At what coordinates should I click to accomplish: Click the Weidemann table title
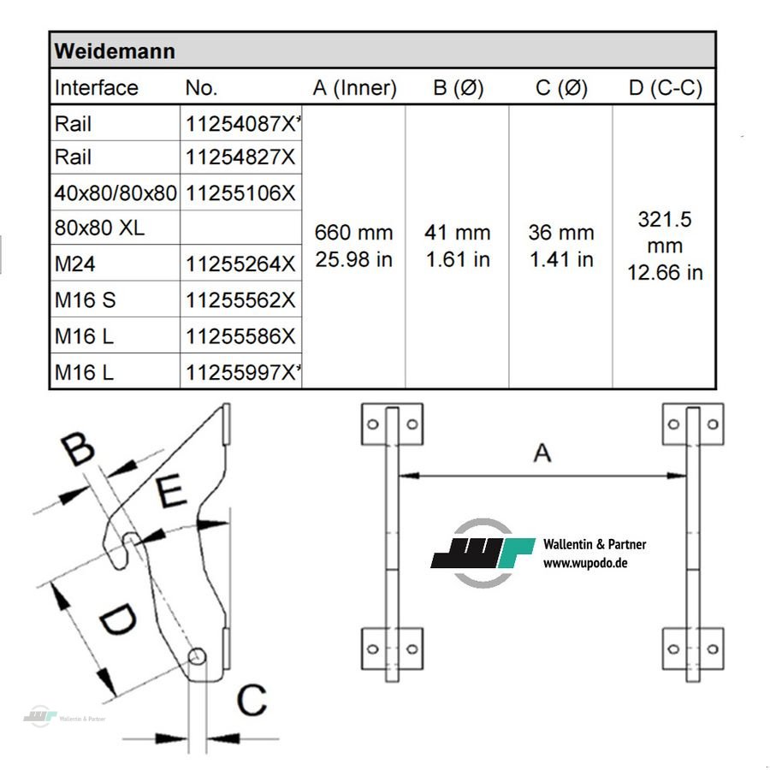click(115, 51)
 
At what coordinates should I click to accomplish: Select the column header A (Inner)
click(354, 88)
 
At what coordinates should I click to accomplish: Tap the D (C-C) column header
click(666, 88)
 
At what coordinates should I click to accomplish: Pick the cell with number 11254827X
click(240, 157)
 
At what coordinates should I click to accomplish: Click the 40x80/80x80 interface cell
click(115, 193)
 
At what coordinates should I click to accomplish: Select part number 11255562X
click(240, 300)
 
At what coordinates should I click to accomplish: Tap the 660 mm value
click(353, 232)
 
